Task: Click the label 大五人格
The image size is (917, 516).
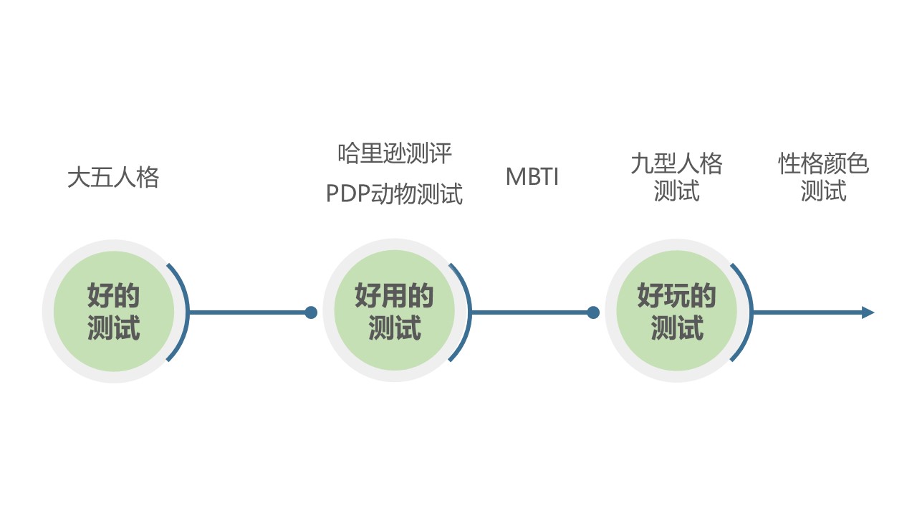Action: pos(113,177)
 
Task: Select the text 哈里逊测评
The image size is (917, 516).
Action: pos(395,153)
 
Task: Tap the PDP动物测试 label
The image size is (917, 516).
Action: pos(395,193)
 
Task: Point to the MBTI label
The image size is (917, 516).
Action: pos(532,177)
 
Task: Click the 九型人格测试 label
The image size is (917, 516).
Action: pos(676,177)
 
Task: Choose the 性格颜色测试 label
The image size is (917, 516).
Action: pos(824,177)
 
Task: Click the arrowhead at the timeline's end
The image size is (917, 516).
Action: pos(868,312)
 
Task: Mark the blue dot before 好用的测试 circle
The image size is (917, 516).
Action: pos(311,312)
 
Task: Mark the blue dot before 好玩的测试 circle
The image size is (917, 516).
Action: pos(593,312)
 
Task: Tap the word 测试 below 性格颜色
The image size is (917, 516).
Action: pos(824,191)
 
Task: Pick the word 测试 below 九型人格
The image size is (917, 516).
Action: pos(676,191)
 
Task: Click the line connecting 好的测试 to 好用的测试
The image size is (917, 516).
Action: pos(247,312)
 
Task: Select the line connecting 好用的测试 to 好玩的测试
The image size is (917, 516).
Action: pos(530,312)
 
